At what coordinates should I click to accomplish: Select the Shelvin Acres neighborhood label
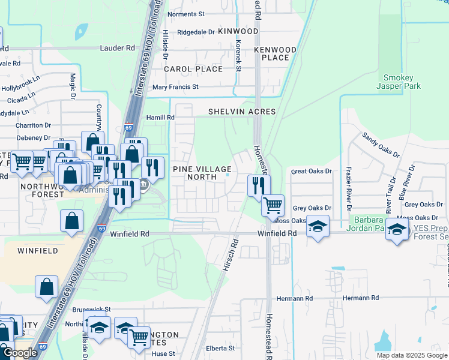[x=242, y=112]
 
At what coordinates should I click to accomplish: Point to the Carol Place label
[x=194, y=69]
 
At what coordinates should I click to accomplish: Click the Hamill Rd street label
[x=160, y=118]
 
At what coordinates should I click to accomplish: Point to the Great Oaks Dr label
[x=312, y=172]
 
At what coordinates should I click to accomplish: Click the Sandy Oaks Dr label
[x=380, y=144]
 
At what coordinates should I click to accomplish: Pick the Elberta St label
[x=220, y=348]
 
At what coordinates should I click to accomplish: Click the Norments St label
[x=186, y=14]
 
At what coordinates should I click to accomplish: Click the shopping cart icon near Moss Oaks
[x=273, y=205]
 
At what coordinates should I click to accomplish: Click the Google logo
[x=20, y=353]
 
